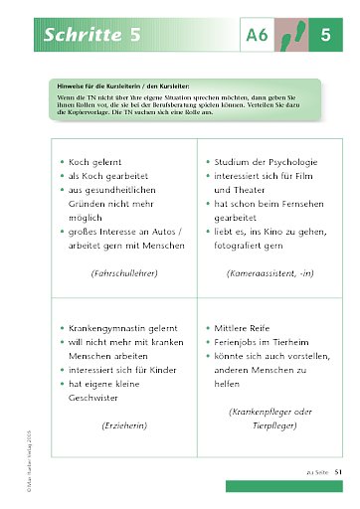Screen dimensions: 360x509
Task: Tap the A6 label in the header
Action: pyautogui.click(x=258, y=36)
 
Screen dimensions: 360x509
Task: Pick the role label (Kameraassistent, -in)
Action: pyautogui.click(x=265, y=271)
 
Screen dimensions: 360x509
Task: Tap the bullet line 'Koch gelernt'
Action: pyautogui.click(x=100, y=160)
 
